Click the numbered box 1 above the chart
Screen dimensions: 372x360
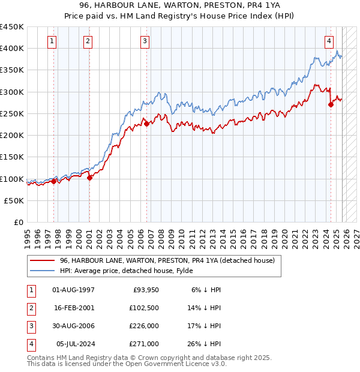[53, 41]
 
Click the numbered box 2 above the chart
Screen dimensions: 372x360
[88, 41]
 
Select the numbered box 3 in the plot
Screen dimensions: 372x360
[145, 41]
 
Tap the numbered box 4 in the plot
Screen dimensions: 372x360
[329, 41]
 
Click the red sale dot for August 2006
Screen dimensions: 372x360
[146, 124]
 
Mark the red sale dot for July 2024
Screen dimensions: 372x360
[331, 104]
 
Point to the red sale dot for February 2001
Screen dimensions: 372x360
[89, 178]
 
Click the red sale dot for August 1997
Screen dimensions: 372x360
[53, 181]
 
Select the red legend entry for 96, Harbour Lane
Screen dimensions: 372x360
[167, 260]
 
